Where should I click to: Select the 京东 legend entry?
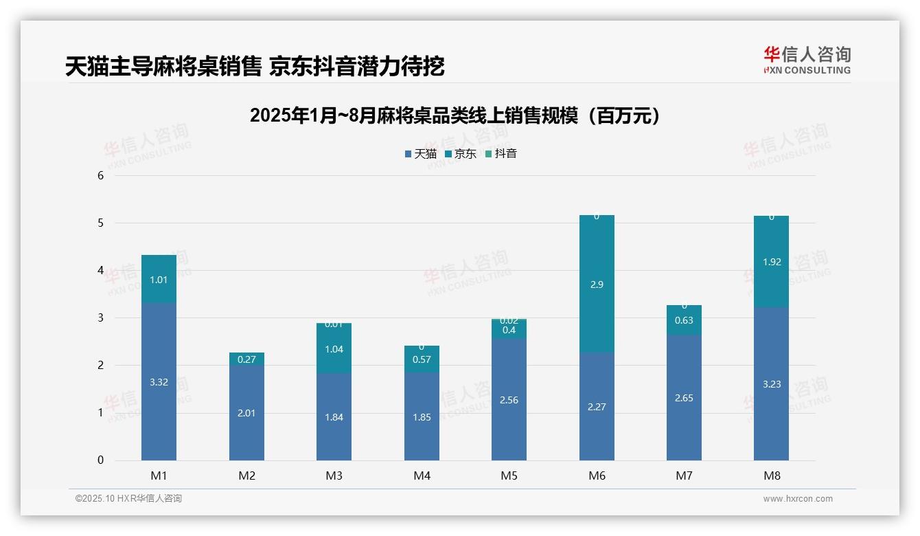(x=460, y=154)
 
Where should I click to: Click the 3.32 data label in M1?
(x=159, y=382)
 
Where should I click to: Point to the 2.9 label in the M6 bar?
(x=596, y=284)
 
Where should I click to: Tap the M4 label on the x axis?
(x=422, y=476)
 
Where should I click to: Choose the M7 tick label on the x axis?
(x=684, y=476)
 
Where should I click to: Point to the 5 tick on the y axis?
(x=100, y=223)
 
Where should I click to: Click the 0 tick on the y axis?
(x=100, y=460)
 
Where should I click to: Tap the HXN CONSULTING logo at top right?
(x=807, y=60)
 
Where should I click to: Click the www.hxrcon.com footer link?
(x=798, y=499)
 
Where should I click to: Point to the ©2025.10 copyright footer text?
(x=128, y=499)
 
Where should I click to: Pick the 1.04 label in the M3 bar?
(x=334, y=349)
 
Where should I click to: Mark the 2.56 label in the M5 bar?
(x=509, y=400)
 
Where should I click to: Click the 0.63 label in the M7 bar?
(x=684, y=320)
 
